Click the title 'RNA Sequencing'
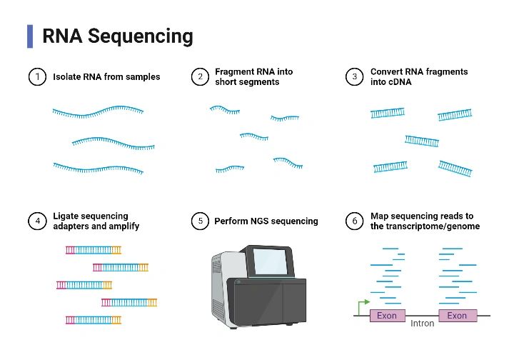[117, 36]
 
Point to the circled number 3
[355, 76]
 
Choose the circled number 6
[355, 221]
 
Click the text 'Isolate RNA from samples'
[106, 76]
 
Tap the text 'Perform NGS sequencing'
[266, 221]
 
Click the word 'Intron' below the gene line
[423, 324]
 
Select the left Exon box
[387, 315]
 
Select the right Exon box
[457, 315]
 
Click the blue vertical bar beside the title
[30, 36]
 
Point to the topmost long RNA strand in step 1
[98, 111]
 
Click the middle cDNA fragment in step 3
[422, 140]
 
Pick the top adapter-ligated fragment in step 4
[94, 250]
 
